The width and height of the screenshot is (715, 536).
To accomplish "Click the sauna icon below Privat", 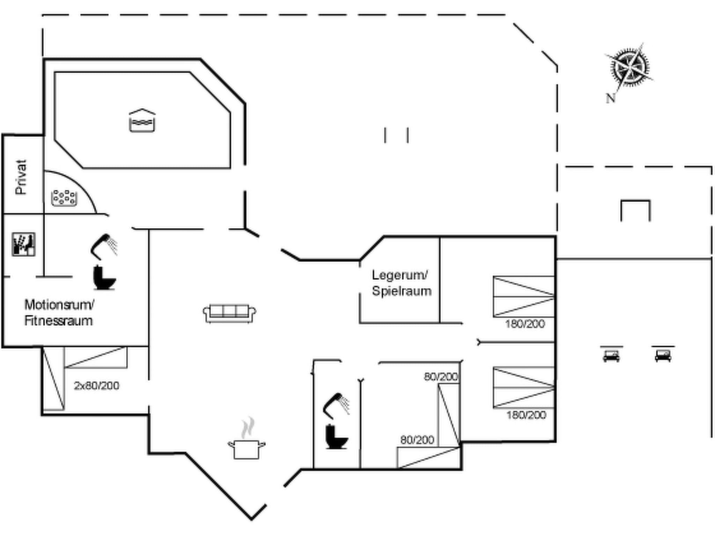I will point(23,244).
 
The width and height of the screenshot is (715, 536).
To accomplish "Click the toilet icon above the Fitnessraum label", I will point(104,278).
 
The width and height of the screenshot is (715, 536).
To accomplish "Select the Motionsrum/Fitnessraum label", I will point(59,313).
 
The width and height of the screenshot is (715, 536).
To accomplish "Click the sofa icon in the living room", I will point(229,313).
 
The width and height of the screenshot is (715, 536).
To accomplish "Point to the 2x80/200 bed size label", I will point(97,386).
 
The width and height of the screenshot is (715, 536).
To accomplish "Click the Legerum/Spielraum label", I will point(401,283).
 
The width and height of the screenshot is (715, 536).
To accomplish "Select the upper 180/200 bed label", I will point(525,324).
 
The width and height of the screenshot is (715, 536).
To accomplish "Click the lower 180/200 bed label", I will point(526,415).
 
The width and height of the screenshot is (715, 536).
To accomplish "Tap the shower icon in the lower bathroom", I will point(337,405).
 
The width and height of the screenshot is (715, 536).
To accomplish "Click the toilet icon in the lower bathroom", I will point(336,437).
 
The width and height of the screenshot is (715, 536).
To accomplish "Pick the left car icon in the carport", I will point(611,356).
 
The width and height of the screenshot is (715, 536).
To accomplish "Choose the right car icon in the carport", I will point(663,356).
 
